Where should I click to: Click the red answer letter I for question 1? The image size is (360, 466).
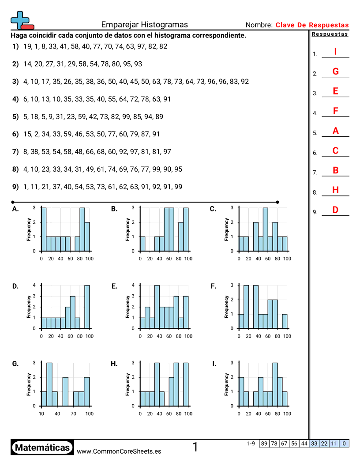point(335,52)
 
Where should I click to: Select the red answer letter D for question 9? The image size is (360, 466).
point(335,210)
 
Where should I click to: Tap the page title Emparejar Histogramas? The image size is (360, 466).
point(144,25)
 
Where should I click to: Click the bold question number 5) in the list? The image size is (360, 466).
point(15,116)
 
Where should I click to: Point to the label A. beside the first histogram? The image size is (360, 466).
point(15,209)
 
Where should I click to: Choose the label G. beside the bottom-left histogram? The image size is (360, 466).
point(15,364)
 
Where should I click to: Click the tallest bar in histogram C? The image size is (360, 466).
point(265,229)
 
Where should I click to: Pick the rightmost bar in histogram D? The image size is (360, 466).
point(87,307)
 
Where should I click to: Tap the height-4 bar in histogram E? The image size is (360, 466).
point(157,307)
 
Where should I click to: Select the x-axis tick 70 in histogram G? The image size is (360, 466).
point(74,413)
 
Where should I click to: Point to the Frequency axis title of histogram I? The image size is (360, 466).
point(226,384)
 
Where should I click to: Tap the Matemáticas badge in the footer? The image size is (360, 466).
point(42,447)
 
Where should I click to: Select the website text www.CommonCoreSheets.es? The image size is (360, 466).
point(119,451)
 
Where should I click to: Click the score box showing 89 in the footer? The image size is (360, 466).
point(264,443)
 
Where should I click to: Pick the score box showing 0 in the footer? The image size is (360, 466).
point(344,443)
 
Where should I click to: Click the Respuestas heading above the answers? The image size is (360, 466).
point(330,34)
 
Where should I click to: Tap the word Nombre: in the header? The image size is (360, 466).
point(259,25)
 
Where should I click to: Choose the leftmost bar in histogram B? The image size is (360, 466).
point(142,244)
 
